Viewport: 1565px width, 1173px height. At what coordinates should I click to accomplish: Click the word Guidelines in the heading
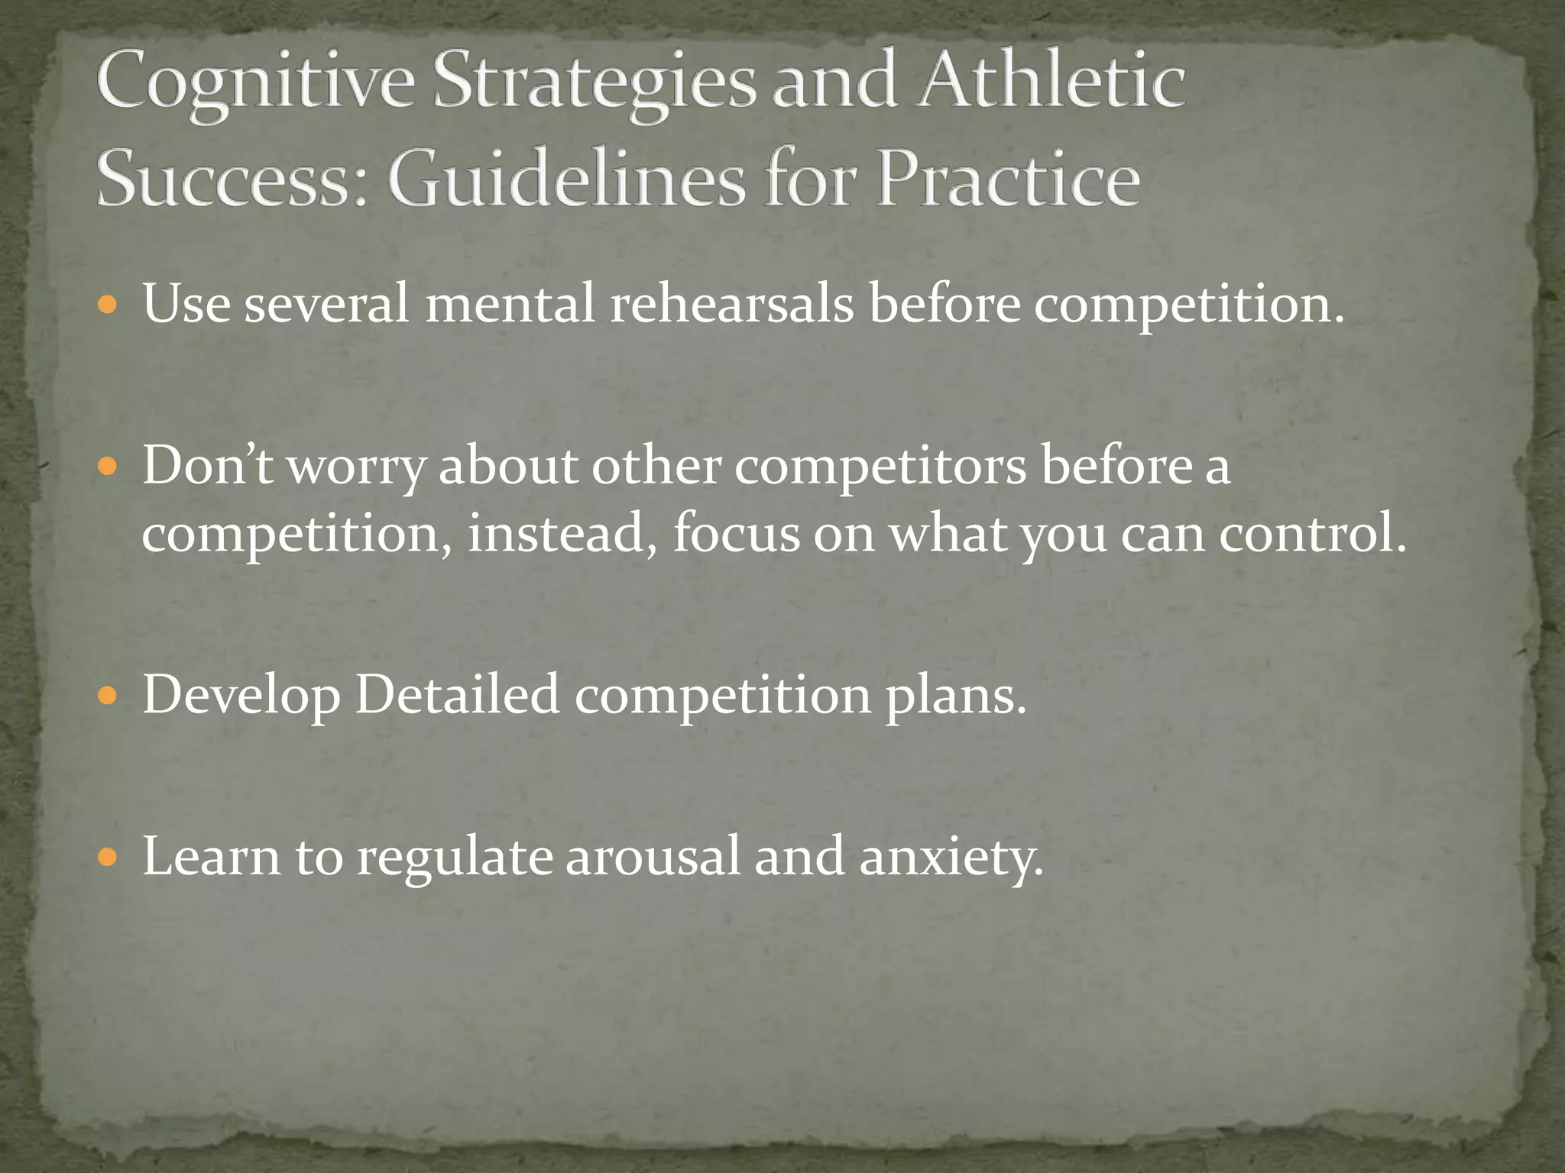(x=567, y=179)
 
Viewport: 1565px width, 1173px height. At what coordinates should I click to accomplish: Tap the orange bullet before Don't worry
(x=108, y=467)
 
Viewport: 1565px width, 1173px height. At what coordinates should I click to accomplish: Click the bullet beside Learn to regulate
(x=108, y=858)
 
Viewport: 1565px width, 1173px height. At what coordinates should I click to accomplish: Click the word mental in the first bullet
(x=510, y=304)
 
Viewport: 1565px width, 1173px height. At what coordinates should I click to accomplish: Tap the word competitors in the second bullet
(x=880, y=466)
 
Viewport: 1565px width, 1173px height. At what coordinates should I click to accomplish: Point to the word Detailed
(x=457, y=695)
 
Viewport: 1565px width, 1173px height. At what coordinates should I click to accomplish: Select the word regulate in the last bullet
(x=455, y=858)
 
